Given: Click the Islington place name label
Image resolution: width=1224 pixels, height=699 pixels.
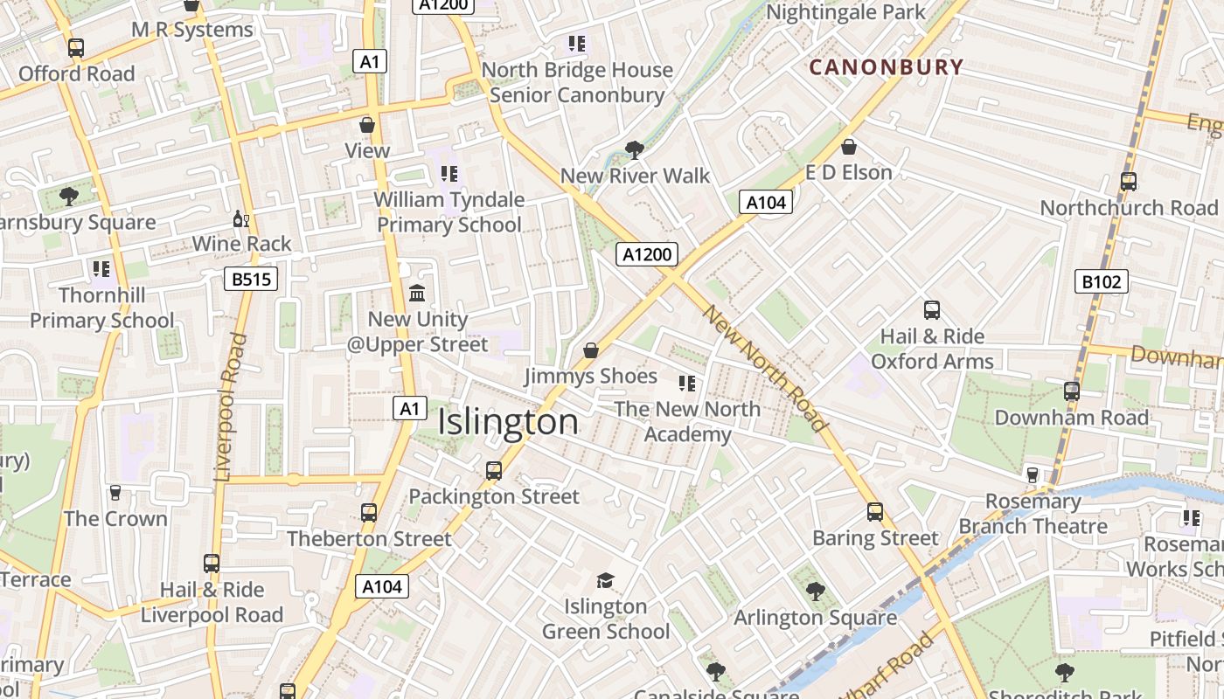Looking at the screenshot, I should [x=508, y=422].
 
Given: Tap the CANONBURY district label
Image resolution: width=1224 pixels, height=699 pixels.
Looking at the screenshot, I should [x=886, y=67].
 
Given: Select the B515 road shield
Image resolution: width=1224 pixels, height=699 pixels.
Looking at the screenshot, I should [x=250, y=280].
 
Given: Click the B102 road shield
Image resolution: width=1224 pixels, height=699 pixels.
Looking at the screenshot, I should [x=1101, y=281].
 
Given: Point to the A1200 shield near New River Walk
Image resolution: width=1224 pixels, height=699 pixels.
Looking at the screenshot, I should [x=647, y=255].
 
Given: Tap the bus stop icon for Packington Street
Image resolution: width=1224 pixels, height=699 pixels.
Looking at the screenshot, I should [x=494, y=471].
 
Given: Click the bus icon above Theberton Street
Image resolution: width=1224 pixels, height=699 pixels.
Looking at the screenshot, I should [x=369, y=513].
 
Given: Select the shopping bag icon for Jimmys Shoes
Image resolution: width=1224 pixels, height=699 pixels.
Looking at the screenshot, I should [x=591, y=350].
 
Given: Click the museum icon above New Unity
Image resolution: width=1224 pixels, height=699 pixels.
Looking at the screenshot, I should [x=417, y=293].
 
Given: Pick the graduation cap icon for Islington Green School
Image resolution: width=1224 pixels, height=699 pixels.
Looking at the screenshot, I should [x=605, y=580].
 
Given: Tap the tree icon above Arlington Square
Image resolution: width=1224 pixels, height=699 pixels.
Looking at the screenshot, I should [x=815, y=592].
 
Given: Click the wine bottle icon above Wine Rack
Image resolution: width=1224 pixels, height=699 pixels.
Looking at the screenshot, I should [x=240, y=218].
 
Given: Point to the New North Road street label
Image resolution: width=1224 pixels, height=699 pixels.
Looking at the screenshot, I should [x=765, y=369].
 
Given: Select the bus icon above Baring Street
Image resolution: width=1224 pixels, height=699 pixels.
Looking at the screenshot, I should [x=875, y=512].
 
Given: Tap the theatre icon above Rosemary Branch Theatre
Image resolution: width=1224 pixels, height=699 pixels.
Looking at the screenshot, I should [x=1033, y=474].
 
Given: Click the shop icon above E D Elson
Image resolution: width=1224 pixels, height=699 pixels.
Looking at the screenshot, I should [x=848, y=147].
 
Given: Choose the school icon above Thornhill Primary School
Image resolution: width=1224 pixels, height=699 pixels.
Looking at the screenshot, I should [x=101, y=269].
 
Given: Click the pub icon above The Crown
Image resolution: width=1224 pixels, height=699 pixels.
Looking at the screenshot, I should [x=115, y=493].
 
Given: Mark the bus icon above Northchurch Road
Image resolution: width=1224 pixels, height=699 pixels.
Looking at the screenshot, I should [x=1129, y=182].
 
